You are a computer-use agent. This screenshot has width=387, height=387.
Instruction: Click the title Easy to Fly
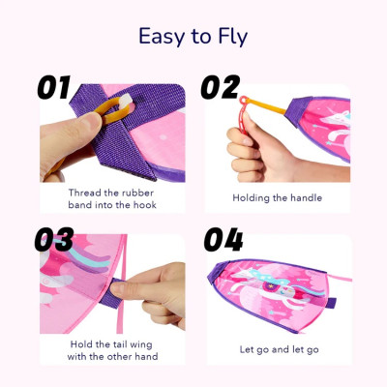(193, 37)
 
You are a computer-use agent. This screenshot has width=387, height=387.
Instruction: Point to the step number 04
(223, 240)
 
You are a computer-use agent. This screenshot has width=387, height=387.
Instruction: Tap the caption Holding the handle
(277, 196)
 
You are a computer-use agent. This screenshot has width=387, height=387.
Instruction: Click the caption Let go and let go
(277, 348)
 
